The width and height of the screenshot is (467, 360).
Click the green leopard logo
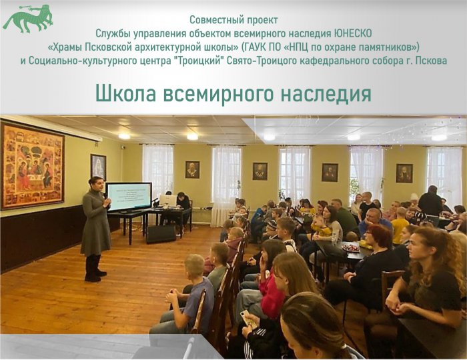[x=27, y=17]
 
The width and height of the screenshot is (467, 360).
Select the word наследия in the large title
[x=325, y=93]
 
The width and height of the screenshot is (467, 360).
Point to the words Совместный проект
[x=233, y=20]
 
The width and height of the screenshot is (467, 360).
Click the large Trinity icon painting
[x=31, y=165]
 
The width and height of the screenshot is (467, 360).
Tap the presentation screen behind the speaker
[x=129, y=196]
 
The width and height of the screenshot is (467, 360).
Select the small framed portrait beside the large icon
[x=98, y=167]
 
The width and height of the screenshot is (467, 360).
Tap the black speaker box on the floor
[x=161, y=233]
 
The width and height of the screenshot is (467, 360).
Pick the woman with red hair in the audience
[x=379, y=243]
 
